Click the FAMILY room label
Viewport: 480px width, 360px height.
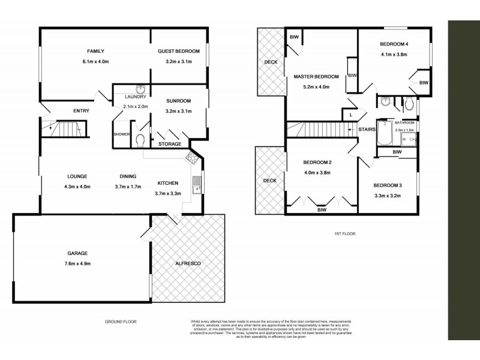[96, 52]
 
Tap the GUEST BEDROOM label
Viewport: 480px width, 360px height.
[178, 52]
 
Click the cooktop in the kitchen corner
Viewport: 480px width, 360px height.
[193, 159]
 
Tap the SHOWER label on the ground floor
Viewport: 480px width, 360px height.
[122, 134]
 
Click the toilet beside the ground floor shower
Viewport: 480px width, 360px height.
[140, 140]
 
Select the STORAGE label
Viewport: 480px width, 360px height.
[170, 144]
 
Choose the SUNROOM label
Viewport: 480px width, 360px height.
[178, 101]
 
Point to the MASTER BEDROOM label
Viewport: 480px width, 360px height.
[316, 76]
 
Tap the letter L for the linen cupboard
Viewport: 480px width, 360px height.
[350, 114]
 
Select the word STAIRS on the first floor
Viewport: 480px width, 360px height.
[367, 128]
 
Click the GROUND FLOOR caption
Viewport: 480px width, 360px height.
[121, 322]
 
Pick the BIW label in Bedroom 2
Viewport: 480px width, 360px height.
[322, 210]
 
